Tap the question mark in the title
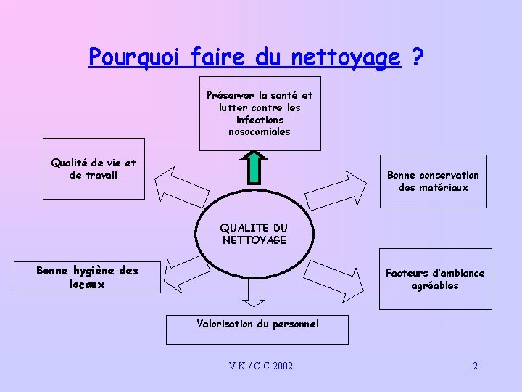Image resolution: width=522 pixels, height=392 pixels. coord(417,57)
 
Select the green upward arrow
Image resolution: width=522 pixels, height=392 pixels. coord(254,166)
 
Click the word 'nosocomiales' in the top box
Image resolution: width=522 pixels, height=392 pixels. coord(260,132)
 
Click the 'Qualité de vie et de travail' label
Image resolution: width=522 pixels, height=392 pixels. coord(93,169)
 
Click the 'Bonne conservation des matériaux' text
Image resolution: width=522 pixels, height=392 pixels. coord(433,181)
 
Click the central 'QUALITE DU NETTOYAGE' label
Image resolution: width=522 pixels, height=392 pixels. coord(254,234)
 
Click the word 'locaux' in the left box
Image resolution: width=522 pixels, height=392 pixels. coord(87,285)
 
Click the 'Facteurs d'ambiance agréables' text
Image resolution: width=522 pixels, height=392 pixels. coord(435,279)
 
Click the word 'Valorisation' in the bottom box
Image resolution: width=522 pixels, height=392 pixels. coord(225,324)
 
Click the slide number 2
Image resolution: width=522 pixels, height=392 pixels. coord(475,366)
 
